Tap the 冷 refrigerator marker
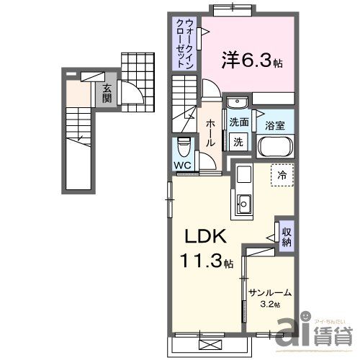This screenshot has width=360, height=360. point(282,175)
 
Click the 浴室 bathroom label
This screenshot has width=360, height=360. point(274,125)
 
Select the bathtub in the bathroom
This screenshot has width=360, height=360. point(274,147)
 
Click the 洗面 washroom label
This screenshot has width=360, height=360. point(239,122)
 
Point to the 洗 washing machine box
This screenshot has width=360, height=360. point(238,143)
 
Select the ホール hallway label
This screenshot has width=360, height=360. point(210,133)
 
